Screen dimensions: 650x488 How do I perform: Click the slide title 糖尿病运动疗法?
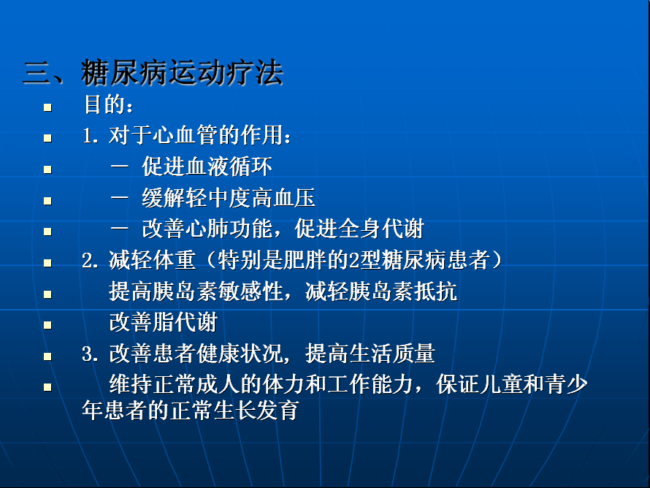pyautogui.click(x=182, y=72)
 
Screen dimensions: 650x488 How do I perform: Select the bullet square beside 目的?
pyautogui.click(x=47, y=107)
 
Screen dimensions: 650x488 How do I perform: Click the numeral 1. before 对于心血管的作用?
pyautogui.click(x=91, y=136)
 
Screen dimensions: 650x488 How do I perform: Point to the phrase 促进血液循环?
pyautogui.click(x=207, y=167)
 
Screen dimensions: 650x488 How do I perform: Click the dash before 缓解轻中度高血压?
pyautogui.click(x=120, y=197)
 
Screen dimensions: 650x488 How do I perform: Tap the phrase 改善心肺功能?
pyautogui.click(x=207, y=229)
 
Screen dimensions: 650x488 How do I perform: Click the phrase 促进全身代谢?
pyautogui.click(x=359, y=229)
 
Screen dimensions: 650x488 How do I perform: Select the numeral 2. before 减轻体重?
pyautogui.click(x=91, y=261)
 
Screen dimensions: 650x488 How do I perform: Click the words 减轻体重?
pyautogui.click(x=152, y=260)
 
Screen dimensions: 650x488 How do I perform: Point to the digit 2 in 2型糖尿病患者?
pyautogui.click(x=354, y=261)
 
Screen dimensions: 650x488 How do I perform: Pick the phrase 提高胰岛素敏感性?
pyautogui.click(x=196, y=291)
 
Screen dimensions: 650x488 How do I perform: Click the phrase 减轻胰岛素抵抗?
pyautogui.click(x=381, y=291)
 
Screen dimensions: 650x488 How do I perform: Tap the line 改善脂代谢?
pyautogui.click(x=164, y=323)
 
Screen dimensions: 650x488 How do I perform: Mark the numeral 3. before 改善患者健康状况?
pyautogui.click(x=91, y=354)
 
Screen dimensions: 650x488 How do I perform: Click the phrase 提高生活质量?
pyautogui.click(x=370, y=354)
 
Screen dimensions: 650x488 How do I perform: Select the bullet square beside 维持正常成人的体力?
pyautogui.click(x=47, y=387)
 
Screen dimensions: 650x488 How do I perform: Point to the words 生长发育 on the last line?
pyautogui.click(x=256, y=410)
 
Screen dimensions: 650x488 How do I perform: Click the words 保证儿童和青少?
pyautogui.click(x=512, y=384)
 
